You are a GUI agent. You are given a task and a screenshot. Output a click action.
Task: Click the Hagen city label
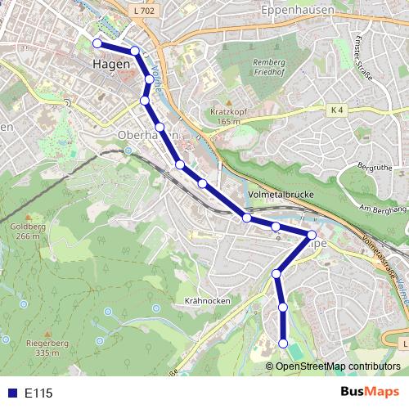click(x=111, y=63)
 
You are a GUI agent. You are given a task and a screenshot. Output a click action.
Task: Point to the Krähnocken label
click(x=208, y=301)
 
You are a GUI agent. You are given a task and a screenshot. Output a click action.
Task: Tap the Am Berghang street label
click(x=382, y=210)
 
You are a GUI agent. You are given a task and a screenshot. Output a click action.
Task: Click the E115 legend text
click(x=38, y=393)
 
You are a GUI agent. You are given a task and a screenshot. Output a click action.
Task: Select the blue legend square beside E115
click(x=11, y=393)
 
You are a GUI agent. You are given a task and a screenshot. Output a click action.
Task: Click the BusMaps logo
click(x=370, y=392)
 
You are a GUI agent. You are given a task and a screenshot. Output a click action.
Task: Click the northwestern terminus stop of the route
click(x=97, y=43)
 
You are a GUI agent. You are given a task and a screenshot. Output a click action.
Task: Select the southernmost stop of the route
click(x=284, y=344)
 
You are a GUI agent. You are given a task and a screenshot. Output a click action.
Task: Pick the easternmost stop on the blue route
click(x=311, y=235)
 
